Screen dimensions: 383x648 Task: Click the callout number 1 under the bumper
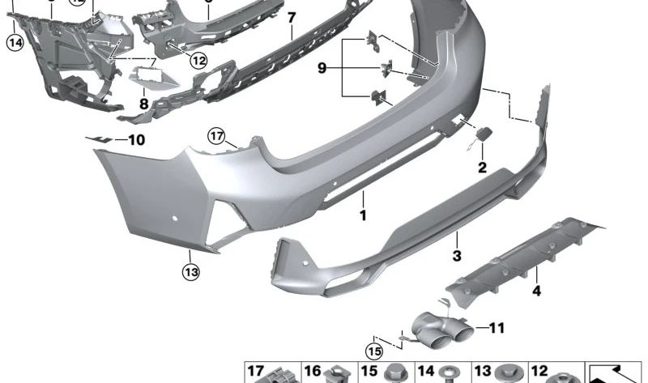[364, 216]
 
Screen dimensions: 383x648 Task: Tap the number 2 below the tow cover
[482, 168]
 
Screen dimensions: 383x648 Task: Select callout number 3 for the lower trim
[457, 256]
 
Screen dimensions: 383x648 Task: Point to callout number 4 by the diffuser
[535, 291]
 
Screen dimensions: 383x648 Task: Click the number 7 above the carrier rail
[292, 17]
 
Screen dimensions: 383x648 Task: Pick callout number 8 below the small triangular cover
[144, 104]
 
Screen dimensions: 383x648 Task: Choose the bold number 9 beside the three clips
[322, 70]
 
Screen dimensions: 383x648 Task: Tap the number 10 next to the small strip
[135, 140]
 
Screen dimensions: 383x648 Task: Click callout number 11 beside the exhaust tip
[497, 328]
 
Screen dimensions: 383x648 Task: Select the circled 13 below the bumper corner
[190, 273]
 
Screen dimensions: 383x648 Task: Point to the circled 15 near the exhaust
[373, 351]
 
